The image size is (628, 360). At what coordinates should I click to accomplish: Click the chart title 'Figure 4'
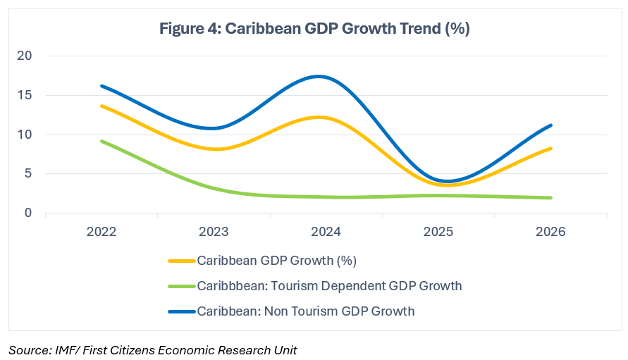314,29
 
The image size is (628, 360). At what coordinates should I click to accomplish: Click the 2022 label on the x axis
102,232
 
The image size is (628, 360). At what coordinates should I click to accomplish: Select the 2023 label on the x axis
214,232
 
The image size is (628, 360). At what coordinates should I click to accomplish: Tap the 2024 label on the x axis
326,232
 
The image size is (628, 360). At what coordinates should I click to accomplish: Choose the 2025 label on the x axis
438,232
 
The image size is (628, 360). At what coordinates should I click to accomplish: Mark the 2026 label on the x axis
550,232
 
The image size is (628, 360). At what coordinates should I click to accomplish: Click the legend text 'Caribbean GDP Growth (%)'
277,261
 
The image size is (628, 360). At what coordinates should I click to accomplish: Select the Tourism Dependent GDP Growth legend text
329,285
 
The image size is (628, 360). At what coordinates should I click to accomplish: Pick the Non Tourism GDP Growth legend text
306,310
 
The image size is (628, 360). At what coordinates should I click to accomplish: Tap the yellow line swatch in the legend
182,261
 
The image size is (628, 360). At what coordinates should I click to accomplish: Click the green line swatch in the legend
182,286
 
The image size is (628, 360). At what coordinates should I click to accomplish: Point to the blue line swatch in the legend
182,311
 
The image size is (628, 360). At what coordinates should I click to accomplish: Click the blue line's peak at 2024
320,76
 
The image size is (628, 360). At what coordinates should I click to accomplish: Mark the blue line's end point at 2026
550,125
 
